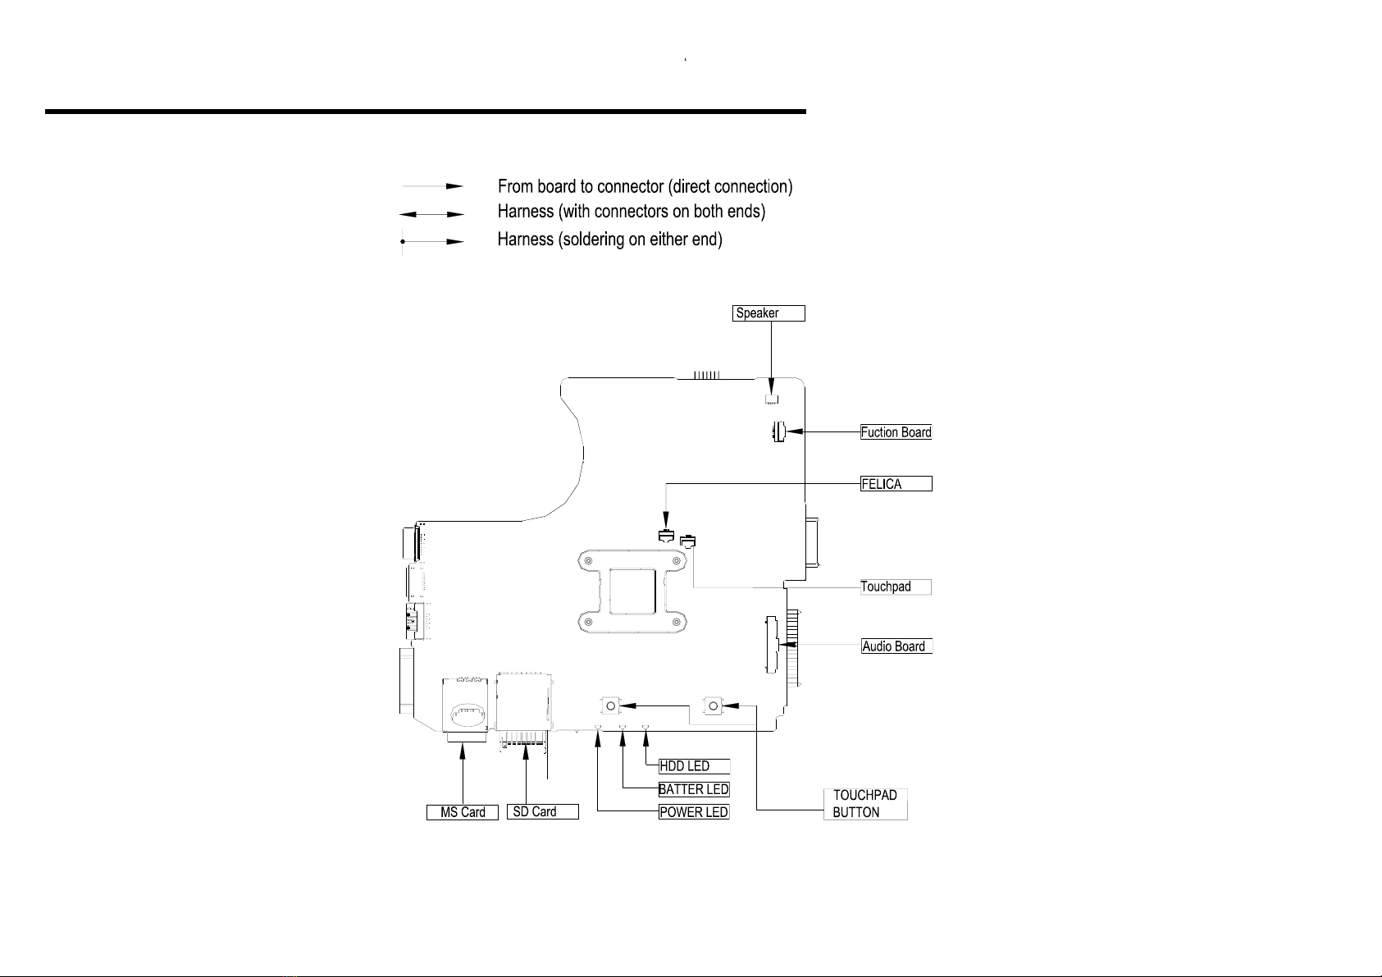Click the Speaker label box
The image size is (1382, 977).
(x=769, y=313)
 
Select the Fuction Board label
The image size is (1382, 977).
(x=896, y=432)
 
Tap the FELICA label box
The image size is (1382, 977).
(x=896, y=484)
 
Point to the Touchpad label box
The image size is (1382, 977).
(x=896, y=587)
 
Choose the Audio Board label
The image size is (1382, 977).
(x=896, y=646)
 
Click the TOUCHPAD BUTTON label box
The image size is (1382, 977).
(x=865, y=804)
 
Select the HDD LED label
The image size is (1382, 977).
(x=694, y=766)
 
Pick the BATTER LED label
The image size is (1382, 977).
(x=694, y=789)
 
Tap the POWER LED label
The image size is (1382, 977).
(x=694, y=812)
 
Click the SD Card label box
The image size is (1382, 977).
(x=543, y=811)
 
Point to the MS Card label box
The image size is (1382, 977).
(x=462, y=812)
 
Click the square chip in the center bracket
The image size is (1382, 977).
(x=632, y=591)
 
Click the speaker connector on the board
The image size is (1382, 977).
(x=771, y=399)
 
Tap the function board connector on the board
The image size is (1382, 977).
(x=778, y=431)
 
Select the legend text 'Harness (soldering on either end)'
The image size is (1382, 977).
(x=609, y=239)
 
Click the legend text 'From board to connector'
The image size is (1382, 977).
(x=581, y=186)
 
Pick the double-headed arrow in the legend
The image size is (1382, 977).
(x=432, y=214)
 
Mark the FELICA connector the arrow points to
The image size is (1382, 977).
(x=666, y=535)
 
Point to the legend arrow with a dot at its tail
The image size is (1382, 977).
(x=432, y=241)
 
